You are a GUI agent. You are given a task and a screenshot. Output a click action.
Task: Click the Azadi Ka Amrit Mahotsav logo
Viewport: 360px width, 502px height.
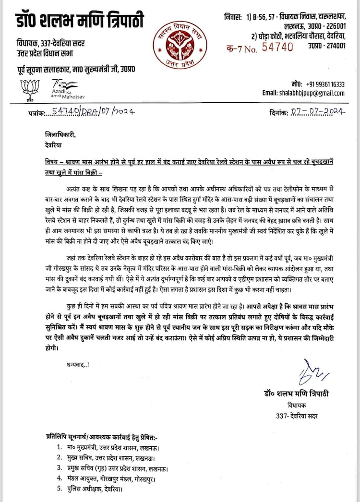click(x=67, y=89)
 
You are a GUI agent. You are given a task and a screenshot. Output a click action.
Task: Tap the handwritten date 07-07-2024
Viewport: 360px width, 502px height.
click(x=317, y=112)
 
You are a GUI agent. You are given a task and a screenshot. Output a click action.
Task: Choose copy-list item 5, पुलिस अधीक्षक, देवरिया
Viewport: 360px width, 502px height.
click(x=95, y=490)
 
